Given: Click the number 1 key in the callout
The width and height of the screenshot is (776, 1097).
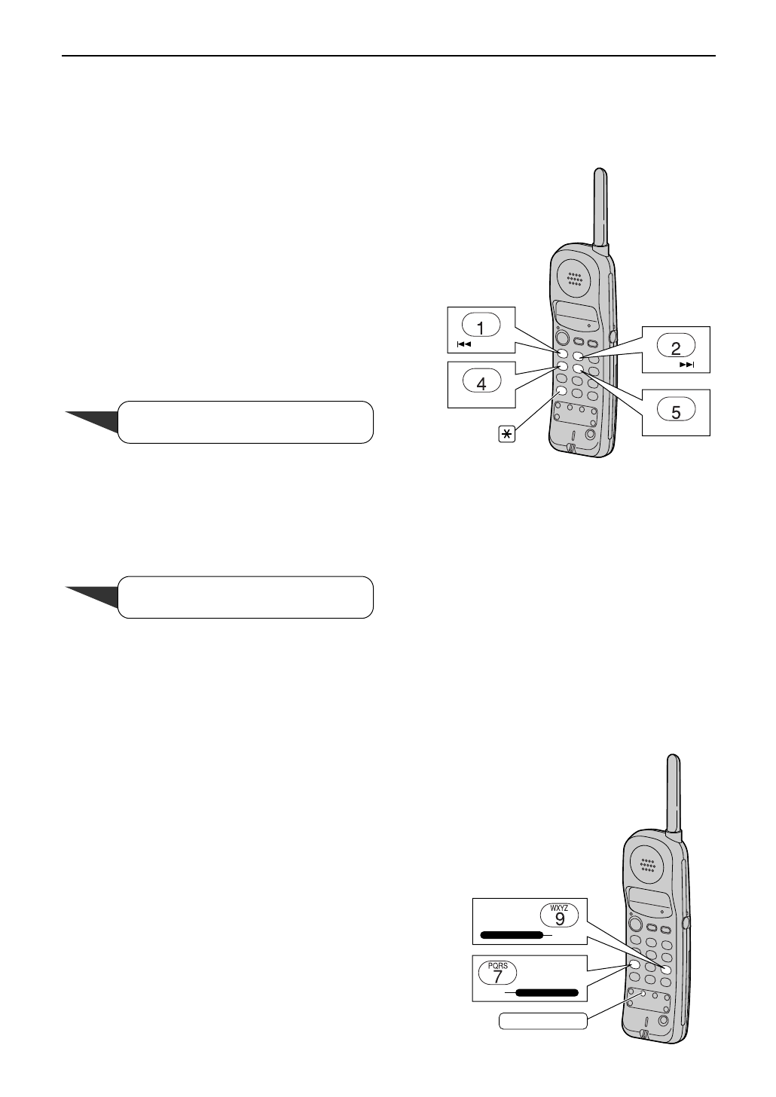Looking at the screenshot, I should [481, 326].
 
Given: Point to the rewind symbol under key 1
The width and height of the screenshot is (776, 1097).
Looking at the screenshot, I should [464, 344].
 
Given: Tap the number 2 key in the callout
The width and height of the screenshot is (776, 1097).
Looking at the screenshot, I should [676, 347].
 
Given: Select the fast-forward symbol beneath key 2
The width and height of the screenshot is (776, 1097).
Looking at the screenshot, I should [686, 365].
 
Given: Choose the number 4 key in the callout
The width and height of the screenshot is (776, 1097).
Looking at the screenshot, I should [481, 382].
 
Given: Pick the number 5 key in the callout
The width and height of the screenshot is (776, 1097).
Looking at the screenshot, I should [676, 411].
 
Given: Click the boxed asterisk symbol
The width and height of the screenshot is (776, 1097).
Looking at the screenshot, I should [507, 434].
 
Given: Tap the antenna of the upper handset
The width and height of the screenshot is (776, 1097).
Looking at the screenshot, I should [600, 207].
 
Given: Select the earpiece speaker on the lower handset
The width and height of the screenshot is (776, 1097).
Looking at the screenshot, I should [648, 865].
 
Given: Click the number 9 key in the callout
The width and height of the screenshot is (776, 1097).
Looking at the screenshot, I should [560, 918].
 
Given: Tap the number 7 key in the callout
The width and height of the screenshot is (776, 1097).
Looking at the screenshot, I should [498, 975].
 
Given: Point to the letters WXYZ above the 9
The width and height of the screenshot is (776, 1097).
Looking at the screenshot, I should [560, 908].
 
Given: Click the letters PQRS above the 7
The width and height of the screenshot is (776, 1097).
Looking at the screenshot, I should [498, 965].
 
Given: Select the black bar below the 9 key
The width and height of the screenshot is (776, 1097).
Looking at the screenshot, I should [512, 935].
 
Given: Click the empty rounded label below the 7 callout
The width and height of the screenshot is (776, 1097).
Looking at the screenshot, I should [543, 1021].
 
